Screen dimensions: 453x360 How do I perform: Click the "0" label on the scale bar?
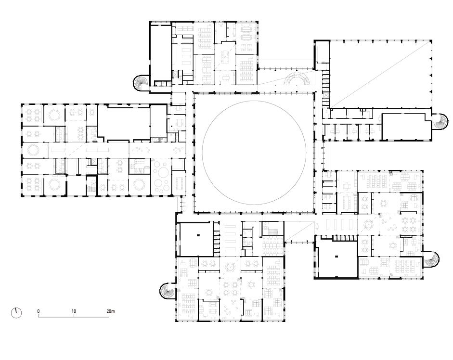tap(39, 311)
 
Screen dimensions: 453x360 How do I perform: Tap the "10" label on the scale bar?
tap(74, 311)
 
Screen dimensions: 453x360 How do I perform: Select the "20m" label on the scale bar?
tap(111, 311)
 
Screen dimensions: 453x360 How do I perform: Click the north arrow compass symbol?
tap(16, 313)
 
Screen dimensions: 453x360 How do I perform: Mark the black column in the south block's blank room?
tap(198, 235)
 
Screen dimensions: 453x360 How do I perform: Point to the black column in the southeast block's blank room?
tap(337, 256)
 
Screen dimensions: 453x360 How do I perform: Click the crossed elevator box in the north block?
tap(175, 74)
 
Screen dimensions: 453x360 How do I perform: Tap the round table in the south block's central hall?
tap(230, 267)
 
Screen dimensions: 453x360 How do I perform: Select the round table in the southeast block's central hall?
tap(368, 224)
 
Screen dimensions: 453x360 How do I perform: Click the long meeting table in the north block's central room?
tap(225, 57)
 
